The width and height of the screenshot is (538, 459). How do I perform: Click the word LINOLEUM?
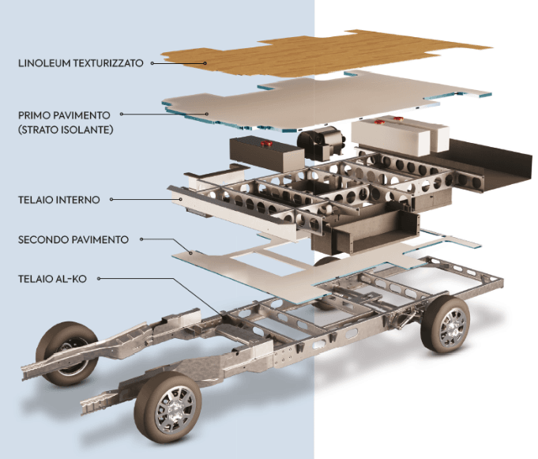tap(44, 62)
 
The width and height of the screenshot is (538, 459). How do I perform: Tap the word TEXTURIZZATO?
tap(110, 62)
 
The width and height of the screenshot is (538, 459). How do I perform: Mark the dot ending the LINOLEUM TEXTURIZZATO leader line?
tap(203, 62)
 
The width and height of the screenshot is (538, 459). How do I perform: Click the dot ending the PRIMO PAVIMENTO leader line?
tap(207, 115)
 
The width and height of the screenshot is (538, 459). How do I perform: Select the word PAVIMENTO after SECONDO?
tap(100, 239)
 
